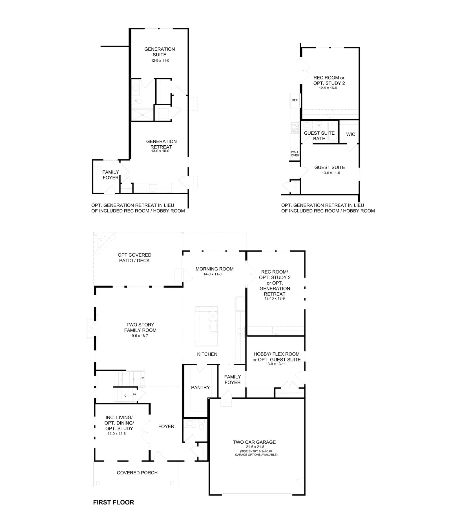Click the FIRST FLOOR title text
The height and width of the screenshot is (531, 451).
(x=114, y=502)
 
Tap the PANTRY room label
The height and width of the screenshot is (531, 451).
(x=200, y=387)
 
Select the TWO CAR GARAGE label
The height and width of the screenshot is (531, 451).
(x=254, y=442)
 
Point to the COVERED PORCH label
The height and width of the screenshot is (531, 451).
(x=137, y=472)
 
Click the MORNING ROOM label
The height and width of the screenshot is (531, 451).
(x=215, y=269)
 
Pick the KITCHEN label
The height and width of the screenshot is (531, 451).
(x=207, y=354)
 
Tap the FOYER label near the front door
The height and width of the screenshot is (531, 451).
(x=166, y=426)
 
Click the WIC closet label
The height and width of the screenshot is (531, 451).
(x=351, y=134)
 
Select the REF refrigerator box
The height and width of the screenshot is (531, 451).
(x=295, y=100)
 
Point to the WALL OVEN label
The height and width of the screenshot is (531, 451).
(x=295, y=154)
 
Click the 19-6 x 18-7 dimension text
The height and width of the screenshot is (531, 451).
(x=139, y=336)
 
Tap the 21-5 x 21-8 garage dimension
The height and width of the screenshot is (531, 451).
(x=255, y=446)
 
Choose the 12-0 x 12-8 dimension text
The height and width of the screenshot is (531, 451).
(x=116, y=433)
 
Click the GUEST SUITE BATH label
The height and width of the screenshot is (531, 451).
(x=319, y=136)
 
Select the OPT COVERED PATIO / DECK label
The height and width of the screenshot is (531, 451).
(x=134, y=257)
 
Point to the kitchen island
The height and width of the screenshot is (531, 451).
(x=206, y=326)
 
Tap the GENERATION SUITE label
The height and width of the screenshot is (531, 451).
(x=160, y=52)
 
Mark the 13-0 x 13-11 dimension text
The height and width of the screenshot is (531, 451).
(x=276, y=364)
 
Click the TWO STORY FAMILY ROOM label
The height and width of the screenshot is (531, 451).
(x=140, y=327)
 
